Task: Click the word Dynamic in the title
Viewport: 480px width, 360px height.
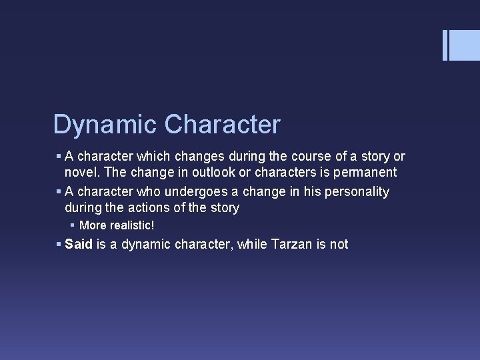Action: pyautogui.click(x=105, y=125)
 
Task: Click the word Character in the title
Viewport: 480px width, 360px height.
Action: pyautogui.click(x=223, y=125)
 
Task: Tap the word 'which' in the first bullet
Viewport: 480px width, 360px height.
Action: pyautogui.click(x=153, y=157)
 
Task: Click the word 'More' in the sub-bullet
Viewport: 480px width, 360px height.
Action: pyautogui.click(x=93, y=226)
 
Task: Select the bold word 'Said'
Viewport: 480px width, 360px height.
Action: pyautogui.click(x=79, y=244)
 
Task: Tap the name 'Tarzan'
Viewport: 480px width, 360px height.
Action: pyautogui.click(x=291, y=244)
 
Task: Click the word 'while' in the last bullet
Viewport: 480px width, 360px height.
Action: pyautogui.click(x=253, y=244)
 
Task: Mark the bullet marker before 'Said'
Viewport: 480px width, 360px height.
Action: pyautogui.click(x=59, y=244)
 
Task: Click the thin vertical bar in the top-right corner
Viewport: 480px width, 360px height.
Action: pyautogui.click(x=445, y=45)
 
